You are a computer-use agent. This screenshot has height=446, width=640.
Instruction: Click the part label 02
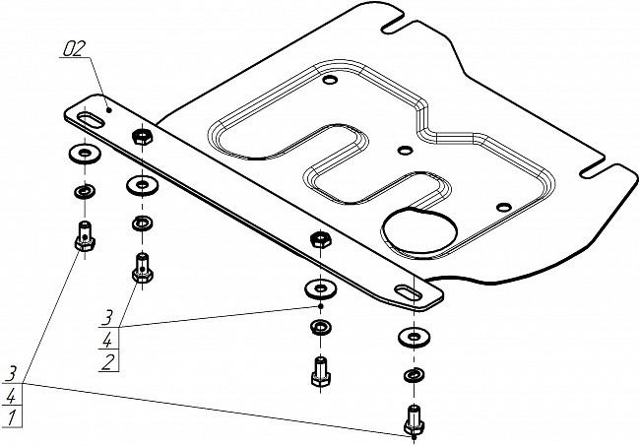click(75, 49)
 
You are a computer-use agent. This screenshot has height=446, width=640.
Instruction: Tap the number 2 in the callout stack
click(107, 362)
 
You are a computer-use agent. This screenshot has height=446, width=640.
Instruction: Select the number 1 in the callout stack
click(12, 417)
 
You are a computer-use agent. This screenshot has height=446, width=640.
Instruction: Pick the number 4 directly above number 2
click(107, 340)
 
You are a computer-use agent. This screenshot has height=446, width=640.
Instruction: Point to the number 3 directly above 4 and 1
click(13, 373)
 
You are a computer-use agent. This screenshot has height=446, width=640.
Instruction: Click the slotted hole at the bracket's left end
click(90, 121)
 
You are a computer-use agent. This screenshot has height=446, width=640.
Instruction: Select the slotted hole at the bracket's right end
click(409, 292)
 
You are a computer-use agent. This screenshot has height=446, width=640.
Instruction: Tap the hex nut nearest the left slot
click(143, 136)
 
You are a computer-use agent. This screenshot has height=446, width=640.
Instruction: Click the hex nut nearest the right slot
click(321, 238)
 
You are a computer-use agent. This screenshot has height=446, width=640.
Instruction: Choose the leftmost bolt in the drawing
click(85, 236)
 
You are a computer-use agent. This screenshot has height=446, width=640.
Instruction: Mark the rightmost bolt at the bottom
click(415, 420)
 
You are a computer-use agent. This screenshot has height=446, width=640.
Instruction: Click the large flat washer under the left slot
click(85, 154)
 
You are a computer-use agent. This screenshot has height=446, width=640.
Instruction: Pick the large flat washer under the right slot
click(415, 337)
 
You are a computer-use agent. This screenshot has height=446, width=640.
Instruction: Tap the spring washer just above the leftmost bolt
click(85, 190)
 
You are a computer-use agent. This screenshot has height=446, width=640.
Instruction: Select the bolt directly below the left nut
click(143, 267)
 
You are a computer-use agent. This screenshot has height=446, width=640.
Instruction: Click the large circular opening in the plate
click(419, 231)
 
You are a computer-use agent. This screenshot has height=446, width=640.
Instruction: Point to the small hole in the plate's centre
click(405, 151)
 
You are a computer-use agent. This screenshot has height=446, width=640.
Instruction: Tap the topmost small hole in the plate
click(330, 79)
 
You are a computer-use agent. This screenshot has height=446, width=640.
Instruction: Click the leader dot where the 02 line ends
click(109, 109)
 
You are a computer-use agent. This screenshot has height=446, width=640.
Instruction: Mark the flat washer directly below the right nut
click(321, 288)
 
